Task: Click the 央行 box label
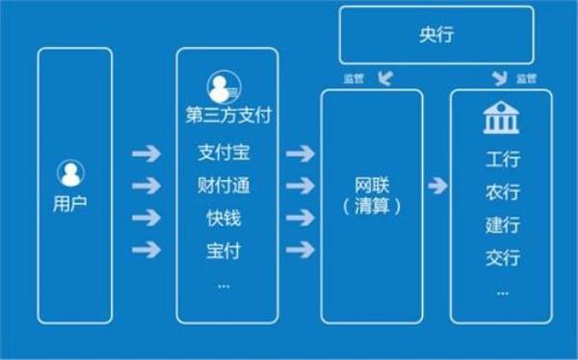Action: [x=435, y=36]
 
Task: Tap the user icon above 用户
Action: [x=70, y=173]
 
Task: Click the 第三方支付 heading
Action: [x=227, y=116]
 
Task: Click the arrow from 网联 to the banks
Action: [x=436, y=186]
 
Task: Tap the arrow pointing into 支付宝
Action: [x=146, y=153]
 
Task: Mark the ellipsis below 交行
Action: [x=502, y=290]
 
